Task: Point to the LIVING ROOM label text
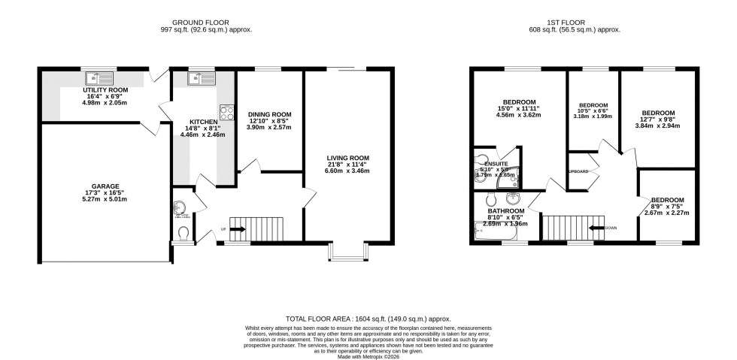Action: tap(347, 158)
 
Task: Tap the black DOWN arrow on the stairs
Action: tap(598, 227)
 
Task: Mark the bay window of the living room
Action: tap(347, 253)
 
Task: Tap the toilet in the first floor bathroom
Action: tap(490, 199)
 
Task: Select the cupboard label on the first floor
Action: tap(578, 172)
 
